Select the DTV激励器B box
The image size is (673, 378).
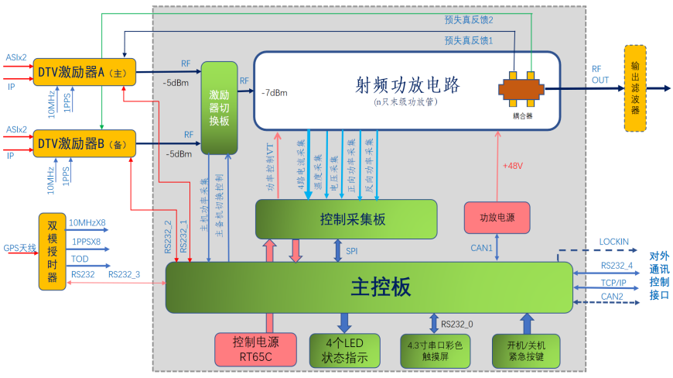(x=84, y=144)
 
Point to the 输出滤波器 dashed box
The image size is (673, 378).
(x=635, y=88)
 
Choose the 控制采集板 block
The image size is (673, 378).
(x=346, y=219)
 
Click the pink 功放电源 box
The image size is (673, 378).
(x=497, y=218)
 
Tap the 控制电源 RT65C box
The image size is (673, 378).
(x=255, y=350)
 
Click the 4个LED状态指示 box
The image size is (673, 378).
(x=345, y=350)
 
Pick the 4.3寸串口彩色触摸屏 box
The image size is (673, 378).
(x=435, y=350)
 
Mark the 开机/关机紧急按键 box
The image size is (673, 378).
(x=526, y=350)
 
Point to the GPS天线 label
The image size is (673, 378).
(x=19, y=248)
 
